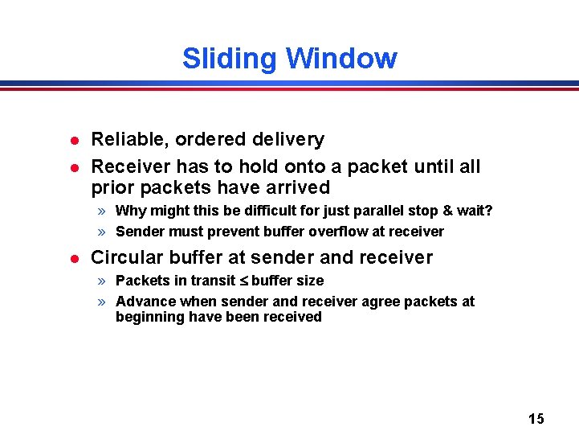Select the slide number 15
click(536, 418)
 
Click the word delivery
click(287, 140)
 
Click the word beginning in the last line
click(150, 317)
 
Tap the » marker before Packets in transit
click(102, 281)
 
